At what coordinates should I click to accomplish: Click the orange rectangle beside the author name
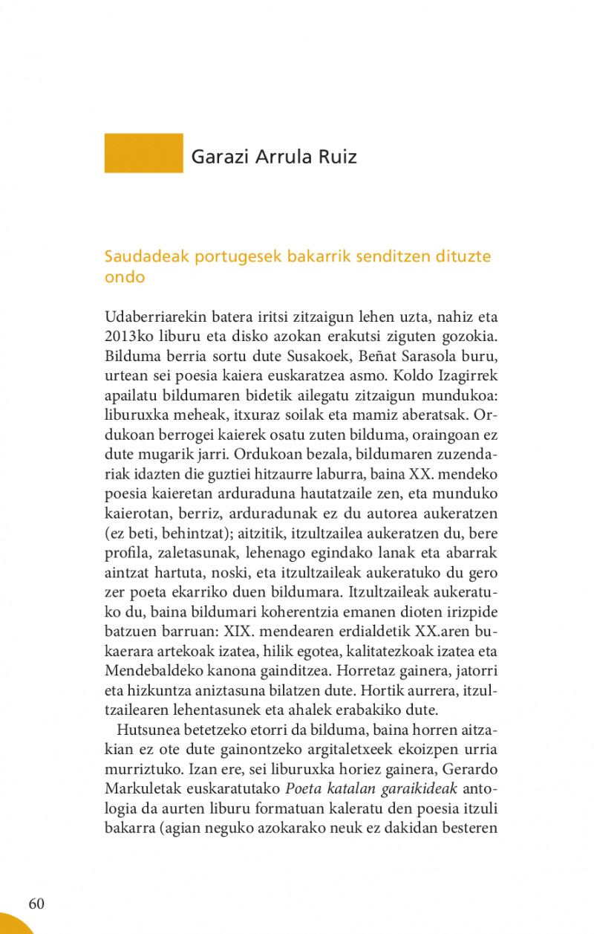point(143,153)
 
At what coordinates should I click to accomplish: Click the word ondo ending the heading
point(124,277)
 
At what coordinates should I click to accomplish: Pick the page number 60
point(36,904)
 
